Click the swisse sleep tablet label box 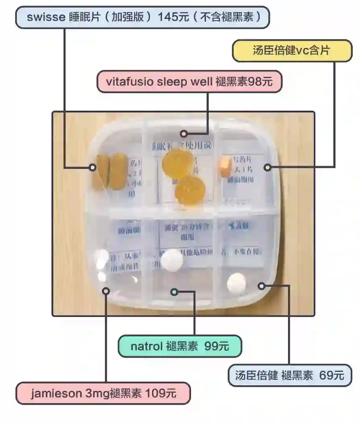click(x=142, y=17)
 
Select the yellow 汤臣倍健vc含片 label click(x=292, y=51)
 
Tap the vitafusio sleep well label click(x=189, y=82)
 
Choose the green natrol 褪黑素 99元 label click(x=179, y=346)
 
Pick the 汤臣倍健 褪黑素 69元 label click(x=290, y=376)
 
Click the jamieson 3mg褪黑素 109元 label click(x=103, y=393)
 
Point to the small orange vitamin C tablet click(x=226, y=166)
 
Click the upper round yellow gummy click(x=178, y=163)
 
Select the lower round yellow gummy click(x=190, y=189)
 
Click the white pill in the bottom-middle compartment click(x=172, y=260)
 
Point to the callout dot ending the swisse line click(x=93, y=167)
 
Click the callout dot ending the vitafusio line click(x=184, y=133)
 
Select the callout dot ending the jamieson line click(x=106, y=290)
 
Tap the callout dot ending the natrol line click(x=174, y=292)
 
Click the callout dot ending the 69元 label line click(x=262, y=286)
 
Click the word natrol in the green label click(x=146, y=346)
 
